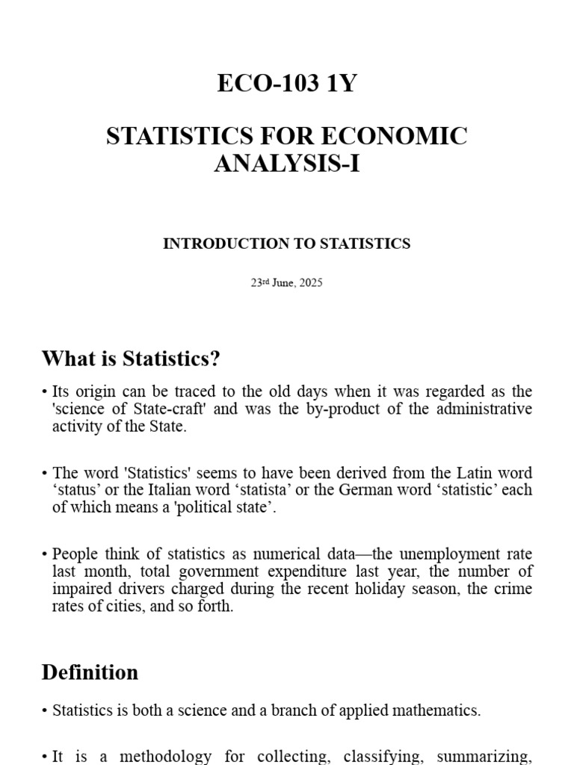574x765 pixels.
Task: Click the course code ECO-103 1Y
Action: pos(287,84)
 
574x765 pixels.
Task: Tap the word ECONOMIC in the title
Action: pos(394,137)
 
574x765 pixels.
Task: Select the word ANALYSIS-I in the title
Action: pos(287,163)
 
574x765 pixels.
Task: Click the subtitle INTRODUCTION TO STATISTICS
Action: pos(287,244)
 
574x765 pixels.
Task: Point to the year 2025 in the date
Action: pos(310,284)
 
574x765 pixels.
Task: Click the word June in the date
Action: pos(282,284)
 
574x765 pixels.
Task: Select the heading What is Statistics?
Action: pos(132,359)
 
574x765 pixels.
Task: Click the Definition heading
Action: pos(90,672)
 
